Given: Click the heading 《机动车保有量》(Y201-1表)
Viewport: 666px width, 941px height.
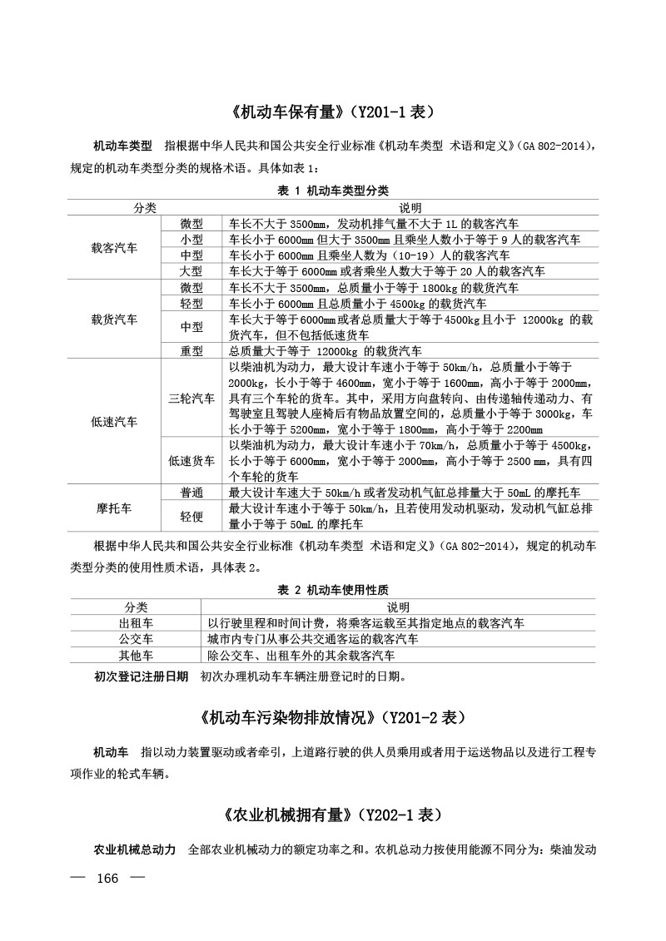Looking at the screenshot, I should (x=332, y=111).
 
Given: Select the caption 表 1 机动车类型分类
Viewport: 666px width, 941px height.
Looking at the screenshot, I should (x=332, y=191).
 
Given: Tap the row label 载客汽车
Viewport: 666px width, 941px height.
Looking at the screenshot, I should (x=115, y=247).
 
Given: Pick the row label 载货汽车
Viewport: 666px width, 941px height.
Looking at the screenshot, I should (x=115, y=319).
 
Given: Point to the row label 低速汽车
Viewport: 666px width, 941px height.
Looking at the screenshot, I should (x=115, y=422).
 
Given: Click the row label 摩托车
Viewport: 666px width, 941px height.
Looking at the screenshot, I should (x=115, y=508).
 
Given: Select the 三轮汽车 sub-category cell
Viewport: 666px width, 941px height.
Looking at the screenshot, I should (x=191, y=399).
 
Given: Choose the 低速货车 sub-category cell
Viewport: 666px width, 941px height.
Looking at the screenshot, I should (x=191, y=460).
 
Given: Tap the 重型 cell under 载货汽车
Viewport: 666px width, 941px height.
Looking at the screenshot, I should (x=191, y=351).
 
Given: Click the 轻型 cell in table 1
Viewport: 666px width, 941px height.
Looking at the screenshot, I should (x=191, y=304).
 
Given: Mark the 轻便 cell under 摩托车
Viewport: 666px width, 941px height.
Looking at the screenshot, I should (x=191, y=516).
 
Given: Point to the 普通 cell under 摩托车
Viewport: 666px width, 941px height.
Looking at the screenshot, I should (x=191, y=493).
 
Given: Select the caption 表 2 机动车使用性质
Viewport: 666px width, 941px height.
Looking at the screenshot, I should (x=332, y=589).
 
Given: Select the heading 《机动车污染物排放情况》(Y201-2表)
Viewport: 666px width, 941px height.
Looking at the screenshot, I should (x=332, y=716).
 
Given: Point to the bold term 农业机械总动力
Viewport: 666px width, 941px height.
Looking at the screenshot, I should (x=134, y=850).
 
